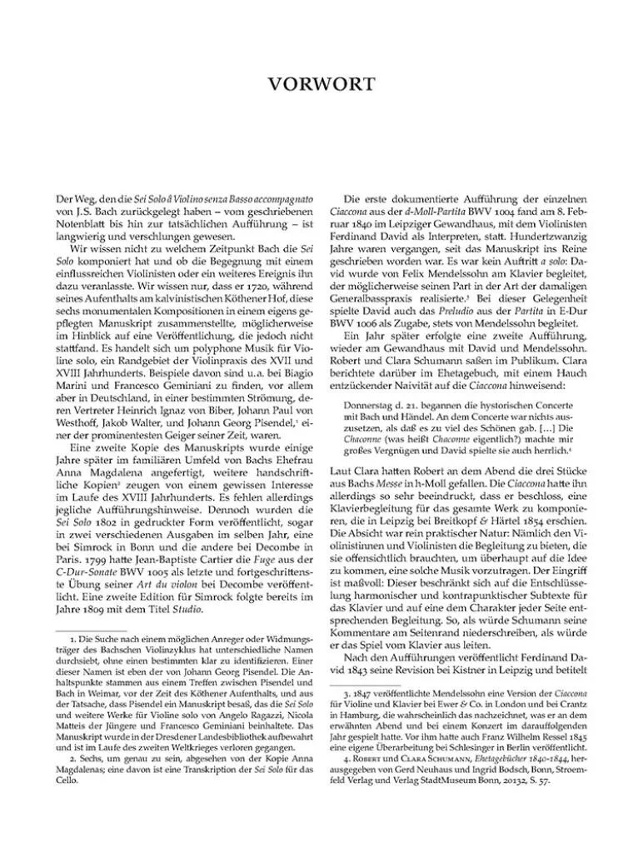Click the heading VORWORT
321,84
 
